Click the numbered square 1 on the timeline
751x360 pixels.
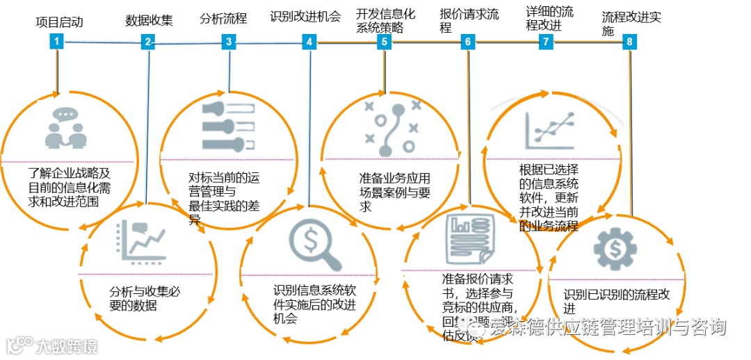tap(57, 42)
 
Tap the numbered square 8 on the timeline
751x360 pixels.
tap(629, 42)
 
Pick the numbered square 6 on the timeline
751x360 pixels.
tap(468, 42)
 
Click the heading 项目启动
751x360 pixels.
tap(59, 22)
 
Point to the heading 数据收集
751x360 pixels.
tap(148, 21)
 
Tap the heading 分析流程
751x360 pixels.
tap(223, 18)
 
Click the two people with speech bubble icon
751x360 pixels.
tap(66, 129)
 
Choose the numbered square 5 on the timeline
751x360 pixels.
tap(384, 42)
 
